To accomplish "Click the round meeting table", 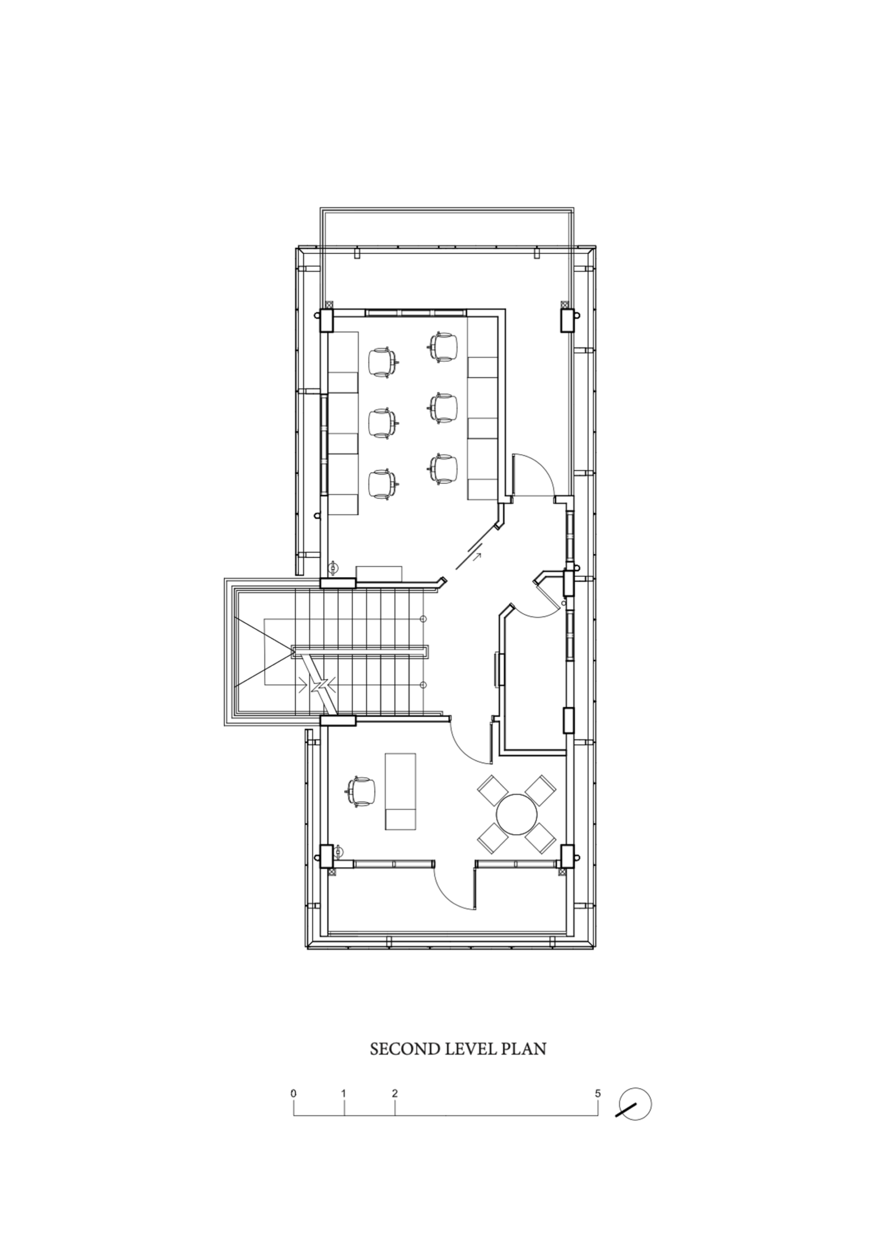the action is coord(516,814).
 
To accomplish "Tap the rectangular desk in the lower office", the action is coord(400,799).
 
